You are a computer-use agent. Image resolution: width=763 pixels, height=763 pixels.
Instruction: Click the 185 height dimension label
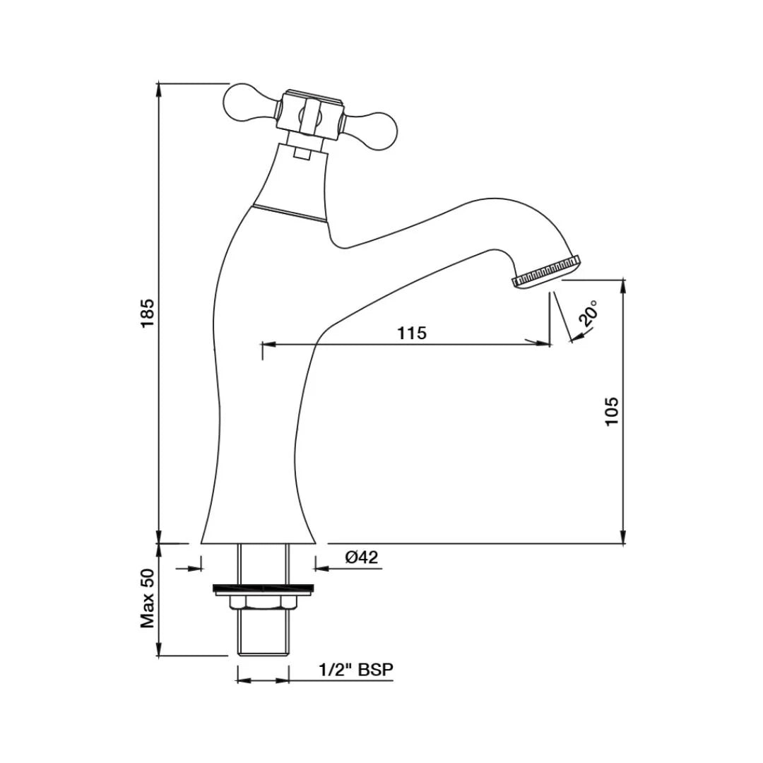pos(147,313)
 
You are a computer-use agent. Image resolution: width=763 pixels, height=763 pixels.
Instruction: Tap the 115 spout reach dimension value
pos(412,333)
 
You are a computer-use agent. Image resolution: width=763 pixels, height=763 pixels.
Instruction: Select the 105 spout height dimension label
pos(612,410)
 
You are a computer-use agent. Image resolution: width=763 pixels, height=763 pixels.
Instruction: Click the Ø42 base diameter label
pos(362,557)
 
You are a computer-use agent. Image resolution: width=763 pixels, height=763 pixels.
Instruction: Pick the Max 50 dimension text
pos(147,599)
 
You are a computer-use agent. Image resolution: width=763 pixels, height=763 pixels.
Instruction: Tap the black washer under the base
pos(262,588)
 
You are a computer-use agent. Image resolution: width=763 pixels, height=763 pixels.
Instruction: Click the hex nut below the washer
pos(262,601)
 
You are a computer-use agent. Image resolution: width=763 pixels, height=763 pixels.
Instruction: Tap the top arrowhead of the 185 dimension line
pos(160,88)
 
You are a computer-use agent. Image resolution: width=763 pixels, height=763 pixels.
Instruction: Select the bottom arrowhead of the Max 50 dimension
pos(160,651)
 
